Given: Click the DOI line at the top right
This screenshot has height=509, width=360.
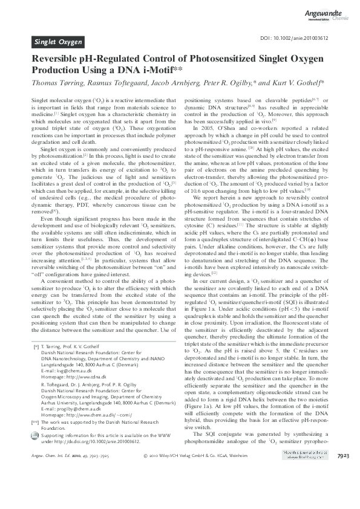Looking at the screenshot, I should tap(299, 38).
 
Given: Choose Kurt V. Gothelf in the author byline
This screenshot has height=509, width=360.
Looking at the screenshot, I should tap(289, 83).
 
